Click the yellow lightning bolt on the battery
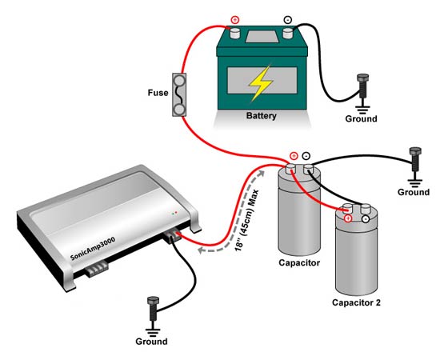[261, 83]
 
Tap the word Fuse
[158, 93]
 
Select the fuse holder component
[179, 94]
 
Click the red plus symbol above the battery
[235, 20]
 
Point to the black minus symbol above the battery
[288, 20]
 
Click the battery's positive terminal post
[235, 34]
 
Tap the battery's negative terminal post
[288, 34]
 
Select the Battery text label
[262, 116]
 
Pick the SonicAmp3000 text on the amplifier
[93, 249]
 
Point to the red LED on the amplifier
[176, 213]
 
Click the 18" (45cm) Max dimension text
[247, 220]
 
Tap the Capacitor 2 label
[356, 302]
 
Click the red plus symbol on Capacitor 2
[348, 218]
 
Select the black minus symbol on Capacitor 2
[366, 219]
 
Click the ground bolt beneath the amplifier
[153, 308]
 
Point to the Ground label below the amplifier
[151, 342]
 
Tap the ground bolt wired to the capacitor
[415, 159]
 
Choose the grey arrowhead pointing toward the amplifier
[201, 250]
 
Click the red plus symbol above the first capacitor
[294, 156]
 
